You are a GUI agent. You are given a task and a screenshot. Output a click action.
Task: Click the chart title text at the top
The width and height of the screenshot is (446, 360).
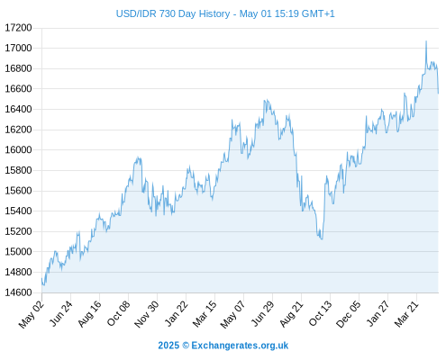(225, 13)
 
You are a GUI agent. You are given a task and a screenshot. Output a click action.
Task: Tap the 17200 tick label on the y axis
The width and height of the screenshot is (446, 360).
(18, 28)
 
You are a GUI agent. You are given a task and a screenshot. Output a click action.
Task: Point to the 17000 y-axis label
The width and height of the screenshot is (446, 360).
(18, 48)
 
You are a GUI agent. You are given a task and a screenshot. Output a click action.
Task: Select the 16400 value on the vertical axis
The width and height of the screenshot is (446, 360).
(18, 109)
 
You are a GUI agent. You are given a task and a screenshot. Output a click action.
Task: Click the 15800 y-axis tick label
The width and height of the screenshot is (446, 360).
(18, 170)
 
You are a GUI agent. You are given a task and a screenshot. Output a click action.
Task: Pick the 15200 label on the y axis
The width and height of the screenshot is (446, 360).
(18, 231)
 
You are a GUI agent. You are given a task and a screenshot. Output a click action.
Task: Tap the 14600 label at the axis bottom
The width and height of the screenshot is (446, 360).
(18, 292)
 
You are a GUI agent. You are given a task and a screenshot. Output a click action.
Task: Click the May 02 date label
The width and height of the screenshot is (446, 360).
(32, 314)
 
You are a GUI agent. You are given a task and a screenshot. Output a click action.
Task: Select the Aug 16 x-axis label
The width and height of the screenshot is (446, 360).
(90, 313)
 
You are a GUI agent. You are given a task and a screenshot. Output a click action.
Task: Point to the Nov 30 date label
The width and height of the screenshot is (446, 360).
(147, 314)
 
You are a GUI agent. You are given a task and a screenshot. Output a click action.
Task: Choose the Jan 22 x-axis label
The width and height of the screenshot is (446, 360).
(177, 313)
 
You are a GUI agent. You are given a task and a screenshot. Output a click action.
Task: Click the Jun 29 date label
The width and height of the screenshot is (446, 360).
(263, 313)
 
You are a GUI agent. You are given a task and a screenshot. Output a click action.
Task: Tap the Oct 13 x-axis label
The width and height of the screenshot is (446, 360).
(321, 313)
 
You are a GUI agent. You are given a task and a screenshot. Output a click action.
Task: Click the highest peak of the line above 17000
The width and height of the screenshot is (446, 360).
(426, 41)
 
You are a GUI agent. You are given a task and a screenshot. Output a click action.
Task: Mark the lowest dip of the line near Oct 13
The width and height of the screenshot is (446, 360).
(322, 239)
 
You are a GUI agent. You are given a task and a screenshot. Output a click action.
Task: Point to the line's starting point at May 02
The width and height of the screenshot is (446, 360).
(42, 278)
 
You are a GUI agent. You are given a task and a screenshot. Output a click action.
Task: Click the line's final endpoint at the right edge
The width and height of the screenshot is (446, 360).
(439, 94)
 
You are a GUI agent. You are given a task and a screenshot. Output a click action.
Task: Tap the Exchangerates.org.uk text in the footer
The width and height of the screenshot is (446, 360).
(240, 346)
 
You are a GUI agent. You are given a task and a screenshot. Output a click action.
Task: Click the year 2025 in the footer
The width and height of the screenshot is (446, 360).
(168, 346)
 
